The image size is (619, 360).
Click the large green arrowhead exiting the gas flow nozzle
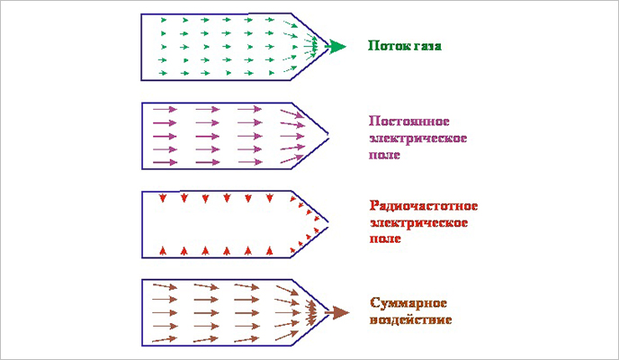point(334,45)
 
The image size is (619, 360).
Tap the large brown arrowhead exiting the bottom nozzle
point(338,311)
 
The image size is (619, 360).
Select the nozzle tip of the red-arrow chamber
point(327,222)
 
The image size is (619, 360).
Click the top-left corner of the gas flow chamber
point(143,13)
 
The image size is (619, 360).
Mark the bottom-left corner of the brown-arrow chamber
point(143,346)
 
